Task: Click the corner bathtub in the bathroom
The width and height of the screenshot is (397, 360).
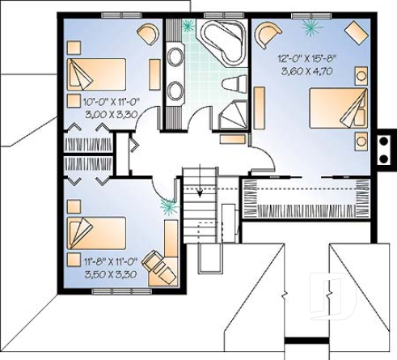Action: click(x=221, y=40)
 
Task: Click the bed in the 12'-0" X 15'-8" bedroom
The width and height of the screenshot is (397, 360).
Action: click(x=339, y=108)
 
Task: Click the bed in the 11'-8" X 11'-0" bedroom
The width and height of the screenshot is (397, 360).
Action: click(x=95, y=234)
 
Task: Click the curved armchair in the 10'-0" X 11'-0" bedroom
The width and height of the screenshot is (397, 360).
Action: click(x=148, y=33)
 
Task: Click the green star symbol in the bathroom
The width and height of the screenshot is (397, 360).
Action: click(x=189, y=25)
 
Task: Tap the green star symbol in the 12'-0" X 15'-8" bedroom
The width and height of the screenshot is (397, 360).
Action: click(x=310, y=27)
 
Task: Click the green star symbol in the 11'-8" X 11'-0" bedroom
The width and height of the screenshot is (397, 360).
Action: click(x=169, y=206)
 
